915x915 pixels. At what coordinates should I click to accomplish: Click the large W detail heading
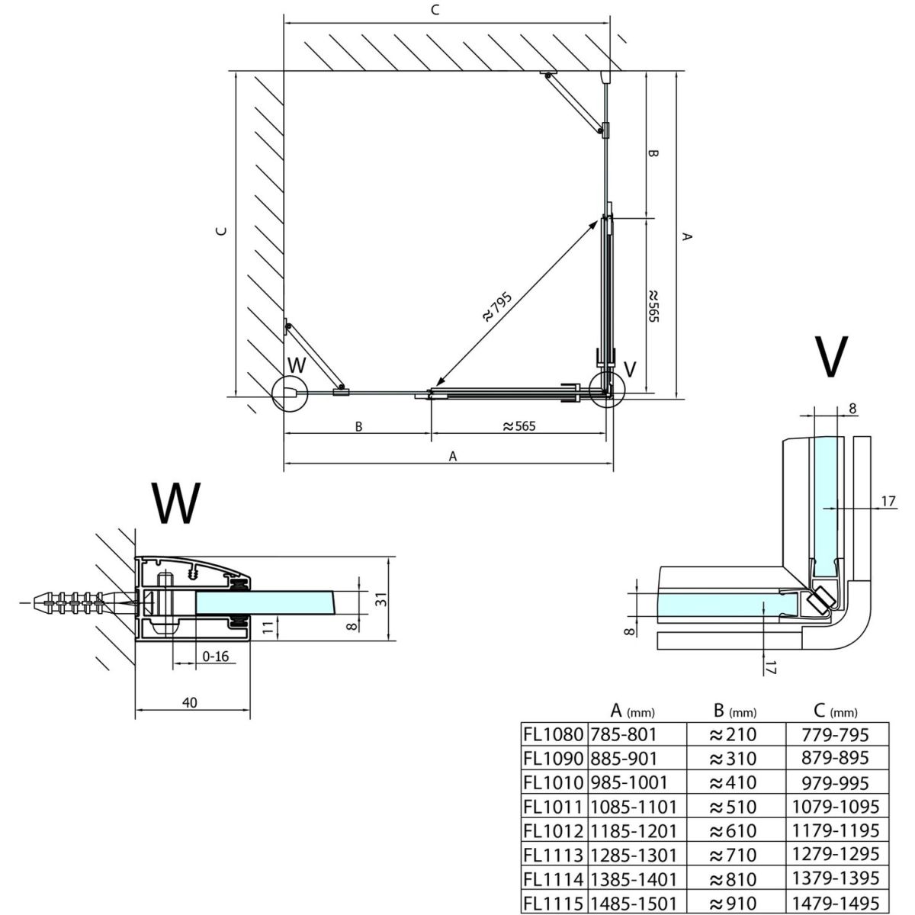tap(176, 504)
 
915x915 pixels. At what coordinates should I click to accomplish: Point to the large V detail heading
tap(830, 356)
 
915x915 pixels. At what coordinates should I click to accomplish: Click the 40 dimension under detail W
tap(190, 702)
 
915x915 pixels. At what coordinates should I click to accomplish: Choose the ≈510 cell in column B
tap(733, 806)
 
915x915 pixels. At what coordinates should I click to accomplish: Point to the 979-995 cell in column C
tap(836, 782)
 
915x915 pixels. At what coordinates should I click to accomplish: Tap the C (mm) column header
tap(835, 711)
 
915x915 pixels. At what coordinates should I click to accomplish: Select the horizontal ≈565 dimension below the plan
tap(519, 426)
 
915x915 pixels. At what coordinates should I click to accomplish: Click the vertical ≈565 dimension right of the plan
tap(653, 305)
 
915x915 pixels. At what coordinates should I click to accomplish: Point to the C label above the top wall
tap(435, 10)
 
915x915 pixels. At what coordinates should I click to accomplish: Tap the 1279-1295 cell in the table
tap(836, 854)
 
